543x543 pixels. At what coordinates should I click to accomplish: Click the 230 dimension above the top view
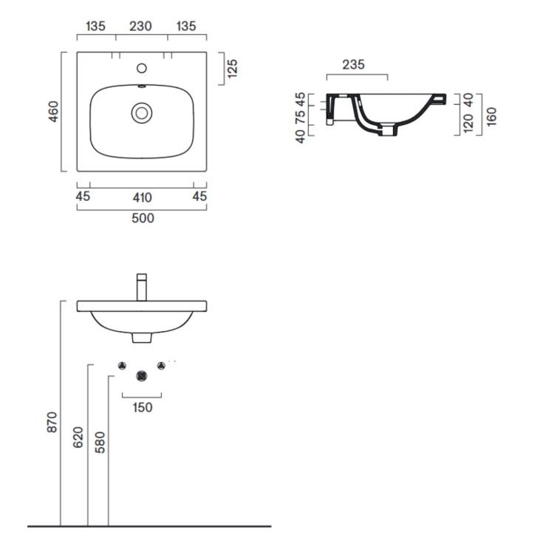pos(140,27)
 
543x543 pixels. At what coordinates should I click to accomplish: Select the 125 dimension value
pos(232,69)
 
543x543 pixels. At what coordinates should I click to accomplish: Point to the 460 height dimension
pos(54,112)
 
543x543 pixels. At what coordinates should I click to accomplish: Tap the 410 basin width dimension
pos(142,197)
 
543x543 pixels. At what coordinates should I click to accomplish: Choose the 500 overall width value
pos(143,218)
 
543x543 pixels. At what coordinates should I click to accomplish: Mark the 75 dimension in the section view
pos(300,118)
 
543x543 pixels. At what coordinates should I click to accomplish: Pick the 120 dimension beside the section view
pos(467,123)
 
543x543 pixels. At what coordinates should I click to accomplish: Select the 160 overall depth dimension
pos(492,115)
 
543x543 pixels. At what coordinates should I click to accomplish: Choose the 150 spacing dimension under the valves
pos(143,408)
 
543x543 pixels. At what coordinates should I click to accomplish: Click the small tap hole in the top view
pos(142,69)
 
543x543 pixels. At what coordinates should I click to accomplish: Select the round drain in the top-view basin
pos(141,113)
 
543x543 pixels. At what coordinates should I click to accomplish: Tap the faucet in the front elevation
pos(143,287)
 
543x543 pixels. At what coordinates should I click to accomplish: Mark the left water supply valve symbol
pos(123,366)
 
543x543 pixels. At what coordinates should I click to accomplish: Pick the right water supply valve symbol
pos(160,366)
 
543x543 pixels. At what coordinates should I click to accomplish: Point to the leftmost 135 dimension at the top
pos(95,27)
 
